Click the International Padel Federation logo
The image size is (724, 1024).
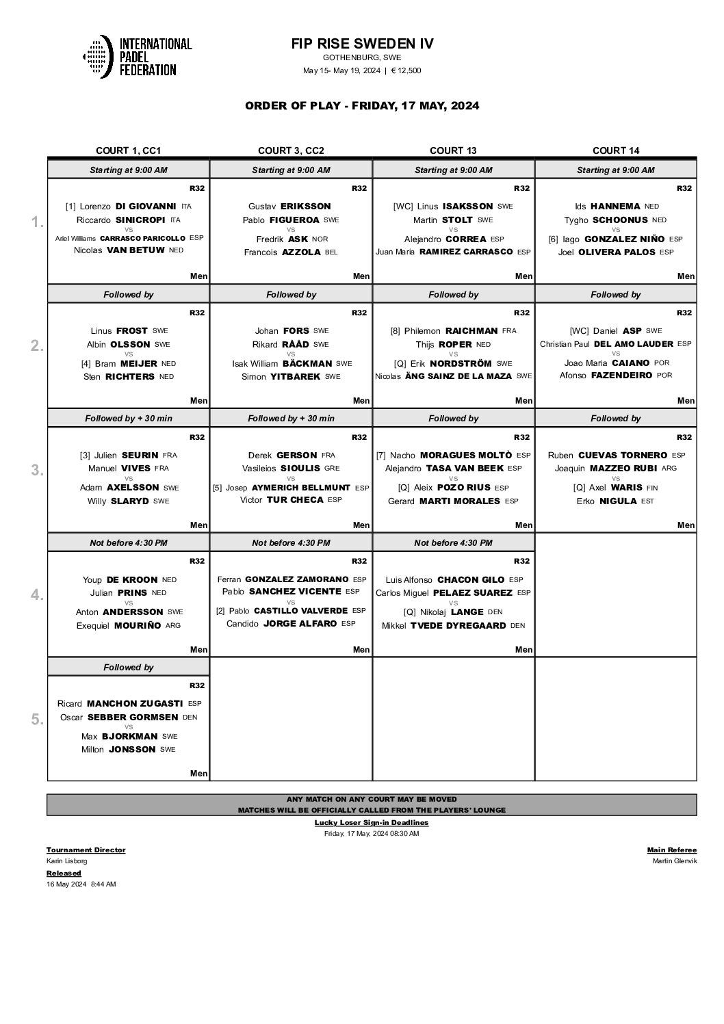[137, 56]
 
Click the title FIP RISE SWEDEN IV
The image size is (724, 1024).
[362, 44]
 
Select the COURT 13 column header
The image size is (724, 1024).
[453, 150]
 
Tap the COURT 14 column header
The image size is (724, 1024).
[615, 150]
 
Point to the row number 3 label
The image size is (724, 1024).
[37, 471]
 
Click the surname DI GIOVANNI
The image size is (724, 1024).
[146, 206]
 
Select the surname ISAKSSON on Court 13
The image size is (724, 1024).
[468, 206]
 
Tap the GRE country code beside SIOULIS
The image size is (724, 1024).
[332, 469]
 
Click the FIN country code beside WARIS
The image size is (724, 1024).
[652, 488]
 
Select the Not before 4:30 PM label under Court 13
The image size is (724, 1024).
[453, 542]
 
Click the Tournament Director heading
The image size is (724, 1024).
[86, 850]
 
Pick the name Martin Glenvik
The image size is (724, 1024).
[675, 861]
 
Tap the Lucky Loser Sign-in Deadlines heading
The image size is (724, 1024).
[371, 822]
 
